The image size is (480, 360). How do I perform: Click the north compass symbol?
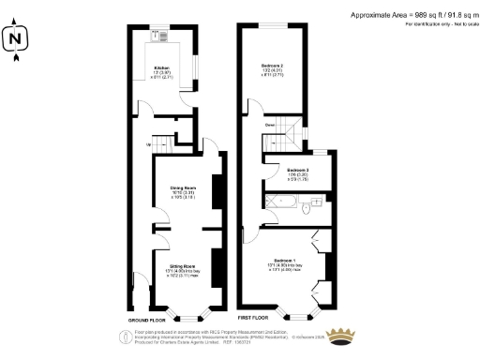[x=14, y=39]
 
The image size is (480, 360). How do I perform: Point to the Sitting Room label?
[x=182, y=269]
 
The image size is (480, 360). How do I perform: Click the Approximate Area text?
[x=412, y=15]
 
